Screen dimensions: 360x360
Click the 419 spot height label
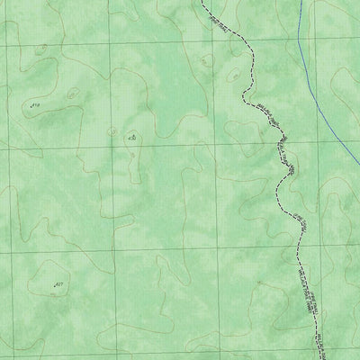(36, 105)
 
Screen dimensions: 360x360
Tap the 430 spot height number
(132, 138)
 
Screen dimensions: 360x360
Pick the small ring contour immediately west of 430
(112, 131)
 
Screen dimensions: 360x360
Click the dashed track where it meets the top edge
(204, 1)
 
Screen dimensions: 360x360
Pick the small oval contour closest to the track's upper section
(206, 61)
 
